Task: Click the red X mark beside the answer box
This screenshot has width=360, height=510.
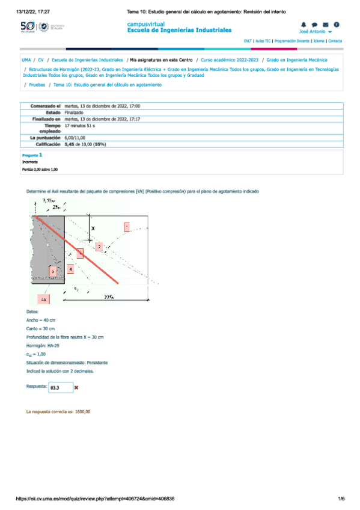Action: coord(76,388)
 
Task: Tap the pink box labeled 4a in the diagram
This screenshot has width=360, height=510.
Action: coord(44,298)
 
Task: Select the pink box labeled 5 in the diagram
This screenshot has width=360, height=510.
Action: coord(53,272)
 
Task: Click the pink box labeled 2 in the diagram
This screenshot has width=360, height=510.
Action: coord(99,246)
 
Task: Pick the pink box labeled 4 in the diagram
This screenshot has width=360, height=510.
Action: coord(71,269)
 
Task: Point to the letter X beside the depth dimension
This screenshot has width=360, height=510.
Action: coord(92,228)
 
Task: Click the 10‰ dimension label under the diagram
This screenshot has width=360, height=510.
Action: coord(109,296)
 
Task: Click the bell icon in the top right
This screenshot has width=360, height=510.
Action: coord(304,25)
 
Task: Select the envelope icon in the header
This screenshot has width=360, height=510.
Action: coord(325,25)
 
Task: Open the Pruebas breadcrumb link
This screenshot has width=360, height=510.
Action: coord(37,85)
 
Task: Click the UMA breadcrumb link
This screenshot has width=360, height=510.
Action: coord(26,60)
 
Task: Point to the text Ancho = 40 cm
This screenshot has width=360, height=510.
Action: coord(41,321)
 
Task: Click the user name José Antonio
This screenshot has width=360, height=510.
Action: coord(312,31)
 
